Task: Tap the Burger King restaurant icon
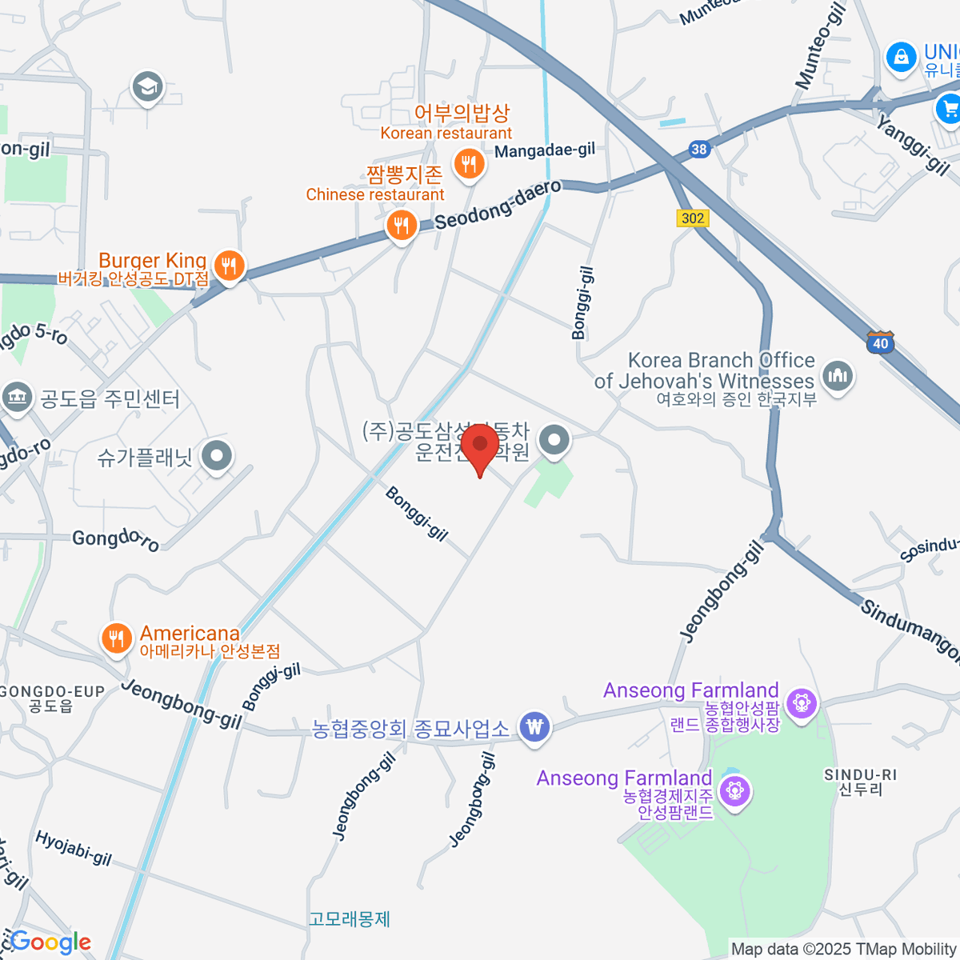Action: tap(230, 266)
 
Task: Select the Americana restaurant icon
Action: tap(117, 638)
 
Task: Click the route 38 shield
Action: tap(700, 149)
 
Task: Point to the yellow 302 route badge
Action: tap(693, 218)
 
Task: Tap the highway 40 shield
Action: tap(880, 343)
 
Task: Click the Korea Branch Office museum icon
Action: tap(838, 374)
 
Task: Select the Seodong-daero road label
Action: tap(498, 204)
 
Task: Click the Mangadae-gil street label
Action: tap(545, 150)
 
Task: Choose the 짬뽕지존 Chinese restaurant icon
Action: tap(401, 226)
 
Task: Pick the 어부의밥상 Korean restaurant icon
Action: tap(468, 165)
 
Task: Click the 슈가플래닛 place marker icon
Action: tap(216, 457)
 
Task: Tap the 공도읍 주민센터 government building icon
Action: tap(17, 397)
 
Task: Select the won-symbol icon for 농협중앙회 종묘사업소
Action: tap(534, 727)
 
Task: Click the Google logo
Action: tap(50, 942)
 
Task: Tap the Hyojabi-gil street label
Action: tap(73, 849)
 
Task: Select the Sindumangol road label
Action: tap(910, 631)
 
